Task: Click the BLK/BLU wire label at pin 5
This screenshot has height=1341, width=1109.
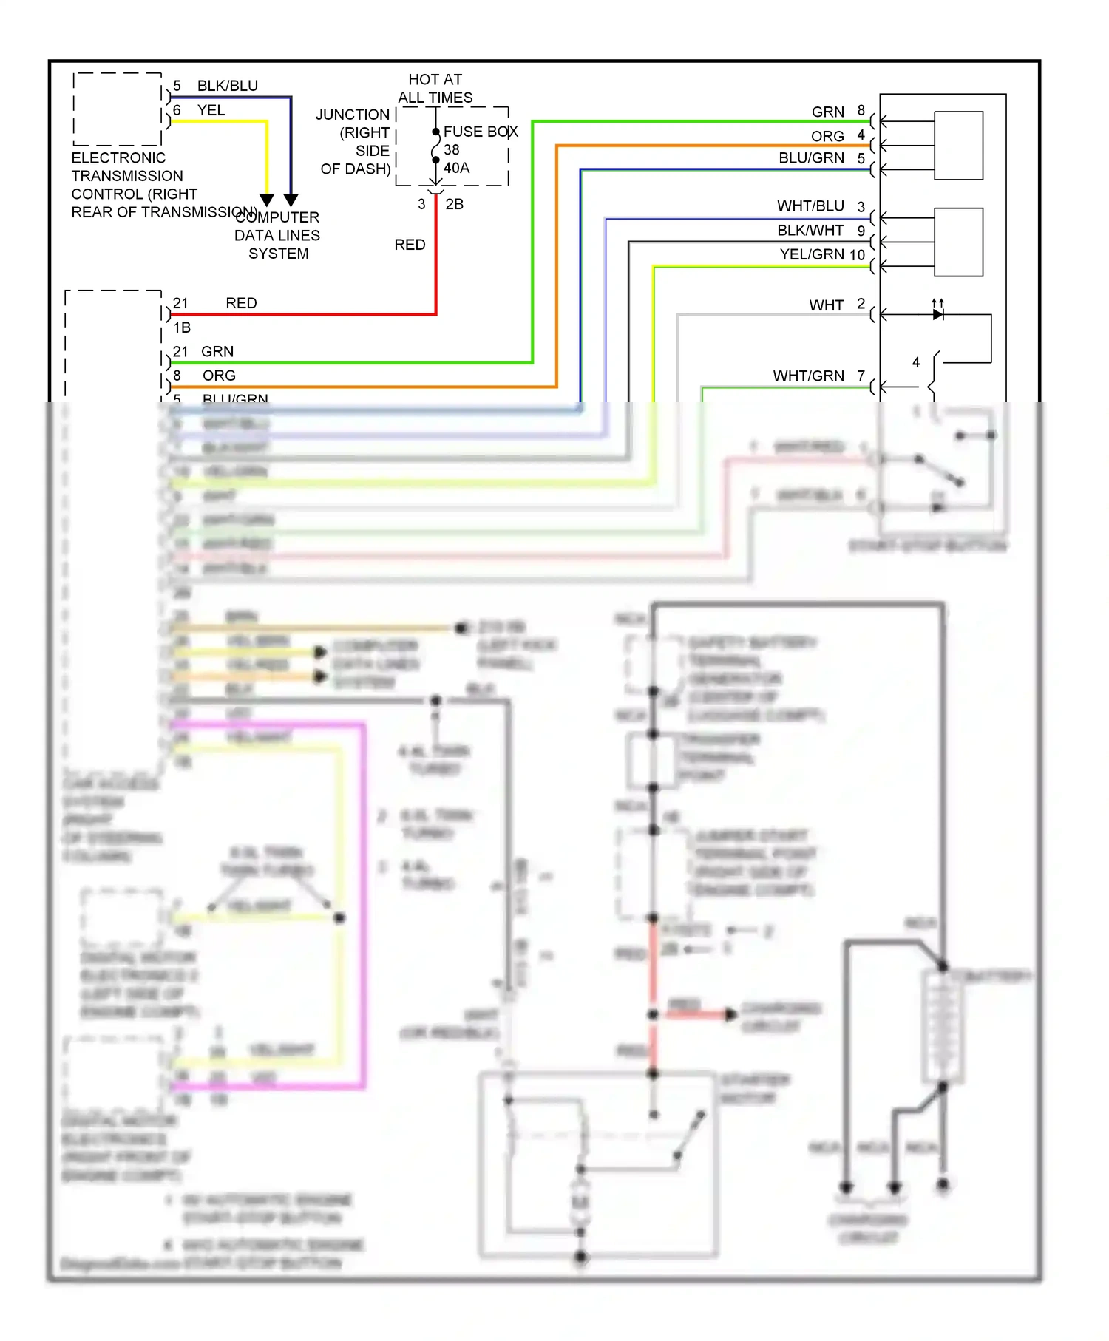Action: click(227, 86)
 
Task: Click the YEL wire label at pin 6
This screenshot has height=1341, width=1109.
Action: click(211, 110)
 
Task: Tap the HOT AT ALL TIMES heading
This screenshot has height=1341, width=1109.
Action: click(435, 88)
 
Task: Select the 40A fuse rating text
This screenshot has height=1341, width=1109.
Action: click(456, 168)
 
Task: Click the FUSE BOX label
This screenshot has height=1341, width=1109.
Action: click(480, 132)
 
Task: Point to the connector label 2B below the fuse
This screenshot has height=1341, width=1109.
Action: click(454, 204)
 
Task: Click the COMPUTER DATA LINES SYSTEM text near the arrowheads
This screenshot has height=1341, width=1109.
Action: click(277, 235)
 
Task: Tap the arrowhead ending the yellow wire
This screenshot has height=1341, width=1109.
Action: click(267, 200)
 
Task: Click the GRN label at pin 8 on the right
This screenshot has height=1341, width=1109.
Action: click(827, 112)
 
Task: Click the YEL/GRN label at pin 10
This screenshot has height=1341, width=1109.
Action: click(813, 254)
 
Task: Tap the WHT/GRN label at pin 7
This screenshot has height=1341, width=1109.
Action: click(808, 376)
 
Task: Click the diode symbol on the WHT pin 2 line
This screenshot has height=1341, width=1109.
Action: click(937, 314)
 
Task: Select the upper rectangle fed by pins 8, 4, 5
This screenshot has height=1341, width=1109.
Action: click(958, 146)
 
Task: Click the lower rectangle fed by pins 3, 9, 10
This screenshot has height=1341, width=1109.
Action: click(958, 242)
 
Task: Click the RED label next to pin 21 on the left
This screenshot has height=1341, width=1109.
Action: click(241, 303)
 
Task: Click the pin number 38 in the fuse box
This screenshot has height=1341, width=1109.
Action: click(451, 149)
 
